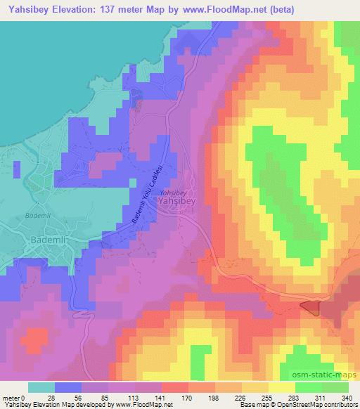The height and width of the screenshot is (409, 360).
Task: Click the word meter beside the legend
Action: click(x=12, y=397)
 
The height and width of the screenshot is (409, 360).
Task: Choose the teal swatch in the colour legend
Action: click(x=41, y=387)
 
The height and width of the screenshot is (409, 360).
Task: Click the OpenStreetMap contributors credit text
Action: click(x=320, y=405)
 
